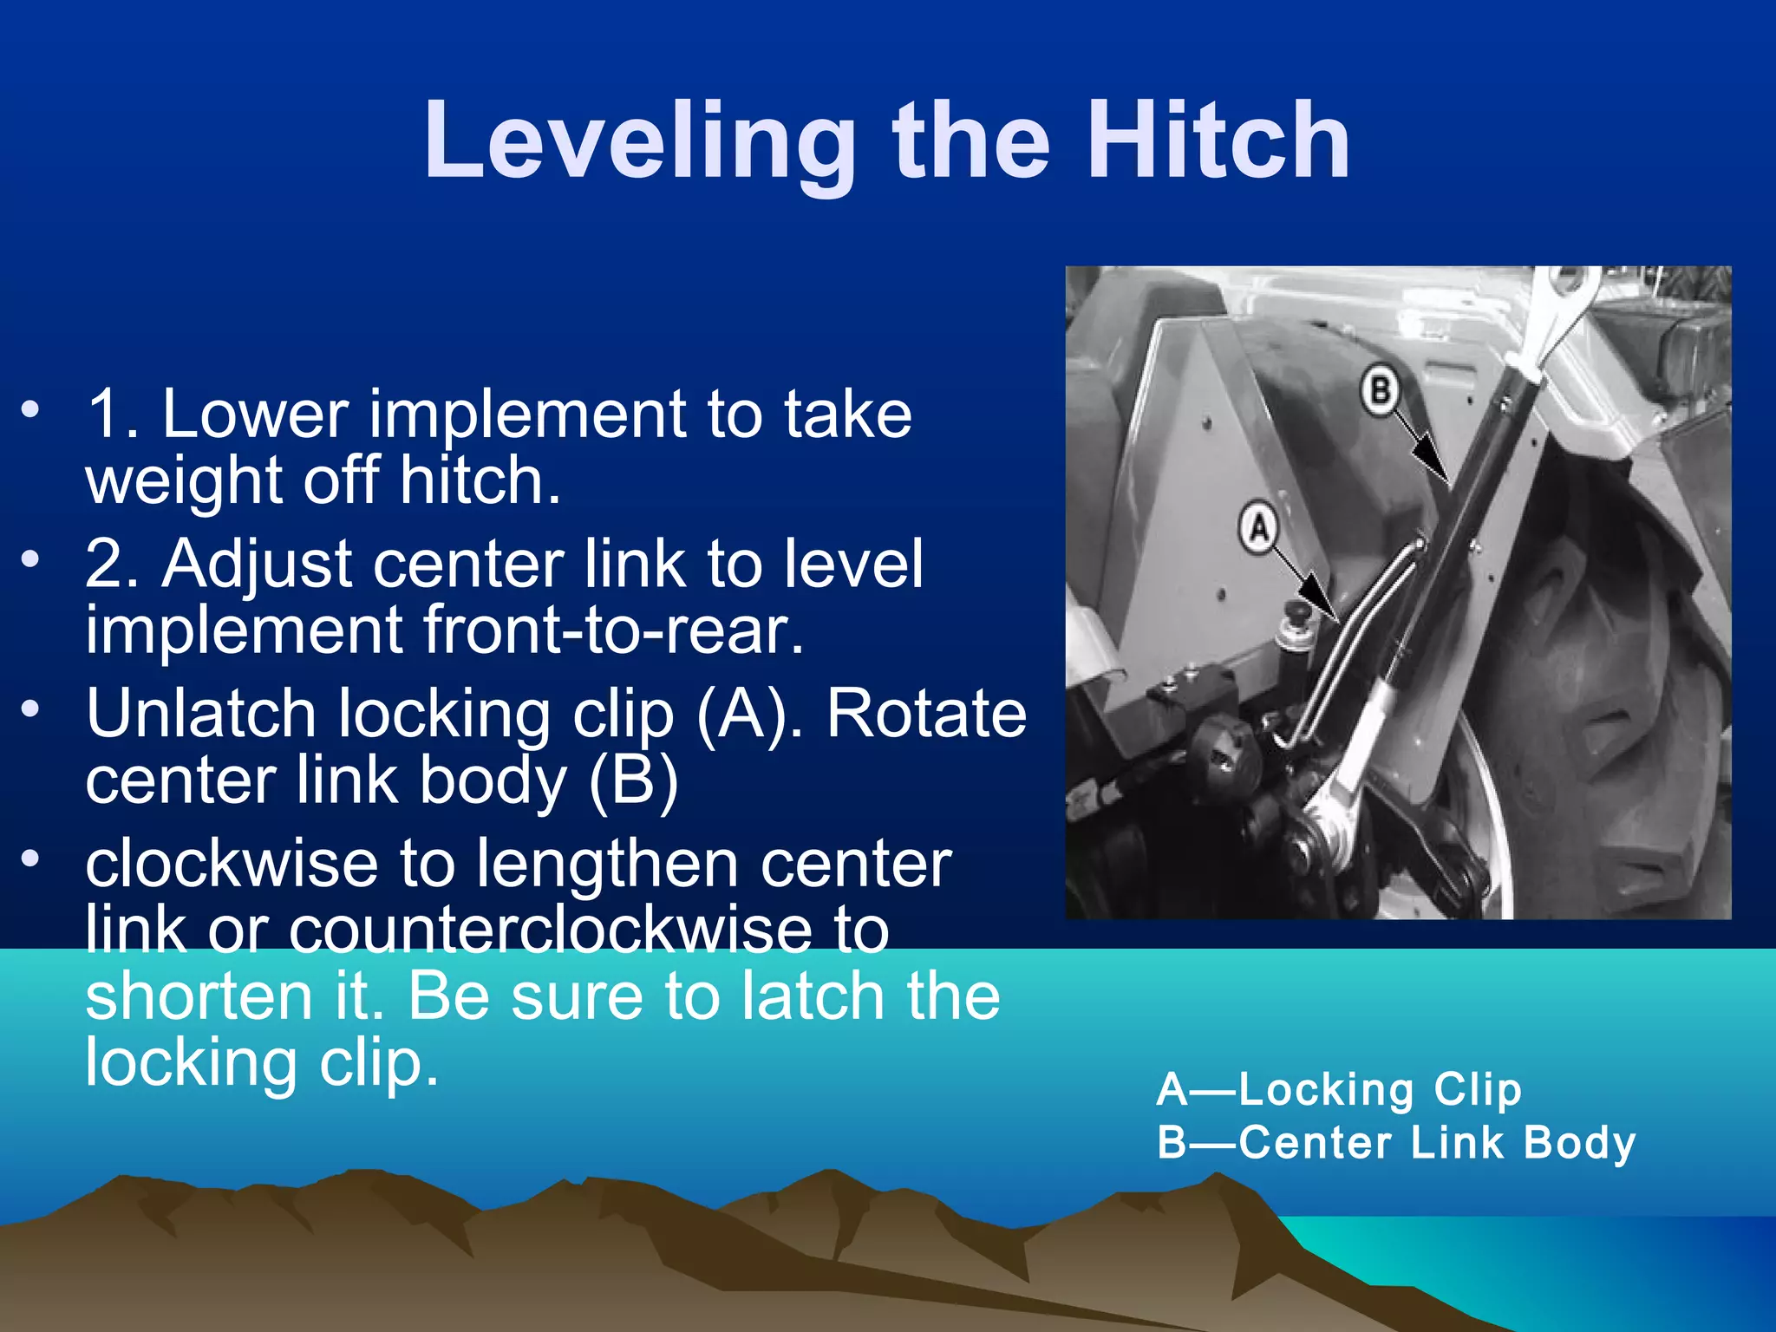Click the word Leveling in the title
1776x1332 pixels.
coord(640,141)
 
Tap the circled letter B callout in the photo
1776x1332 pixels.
coord(1380,390)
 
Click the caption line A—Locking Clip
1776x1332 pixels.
coord(1339,1089)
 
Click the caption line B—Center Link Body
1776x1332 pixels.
coord(1396,1142)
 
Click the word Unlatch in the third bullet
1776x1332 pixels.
coord(201,715)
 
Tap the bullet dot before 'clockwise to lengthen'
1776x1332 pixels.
coord(31,859)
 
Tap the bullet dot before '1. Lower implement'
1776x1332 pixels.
coord(31,408)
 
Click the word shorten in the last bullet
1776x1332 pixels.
coord(199,996)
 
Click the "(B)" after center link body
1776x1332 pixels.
coord(633,780)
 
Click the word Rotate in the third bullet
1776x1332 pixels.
coord(926,715)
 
